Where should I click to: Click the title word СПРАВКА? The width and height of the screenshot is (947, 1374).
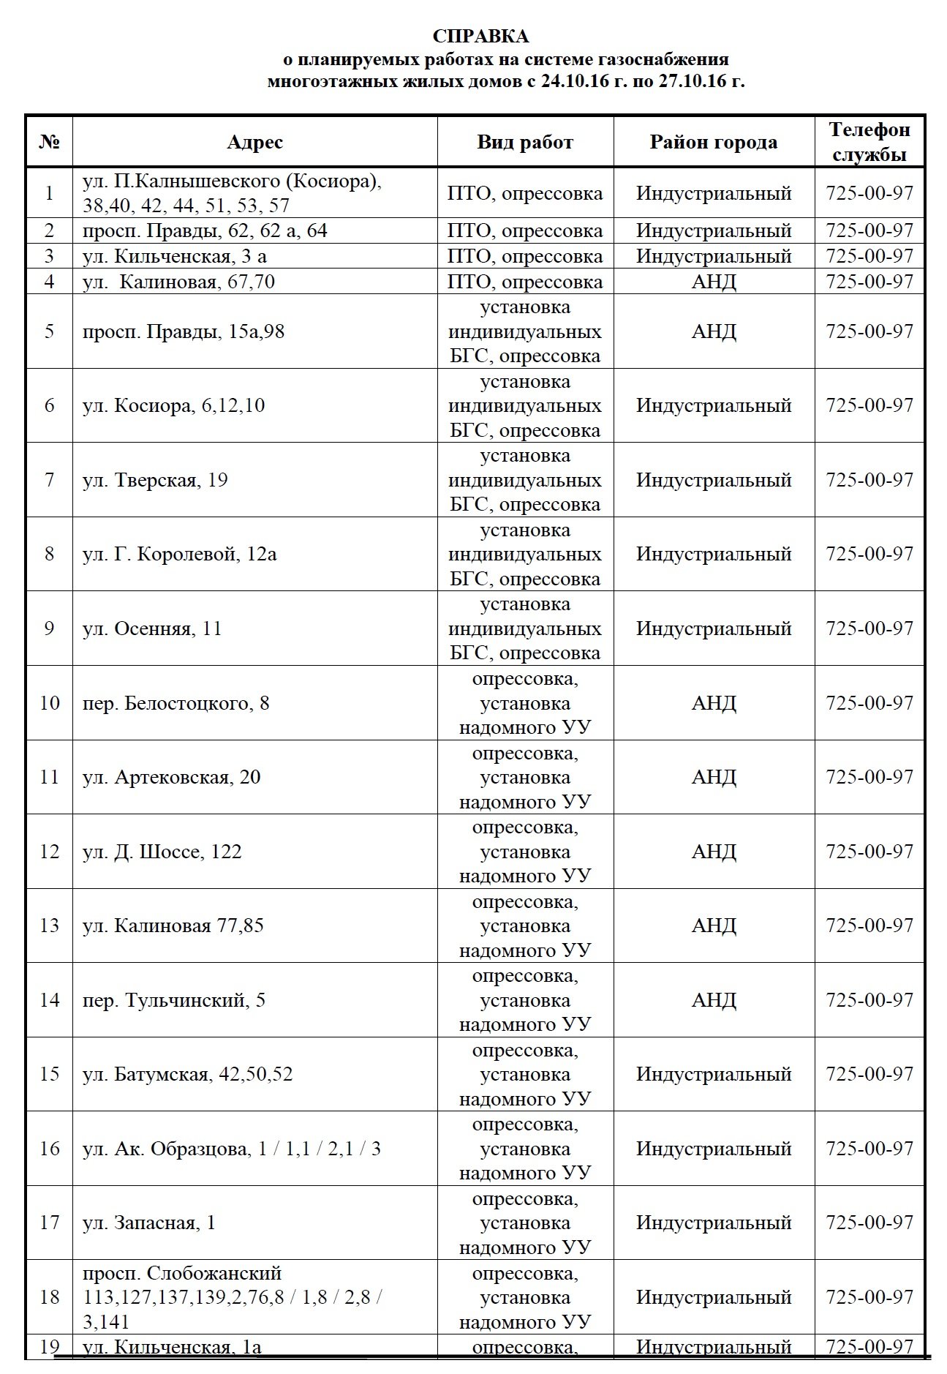tap(480, 36)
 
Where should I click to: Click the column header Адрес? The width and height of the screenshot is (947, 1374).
tap(254, 142)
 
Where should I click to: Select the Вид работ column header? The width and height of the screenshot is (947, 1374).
tap(525, 142)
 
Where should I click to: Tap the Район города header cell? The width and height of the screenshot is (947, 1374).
tap(713, 142)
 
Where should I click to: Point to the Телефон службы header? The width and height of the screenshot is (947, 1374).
tap(869, 142)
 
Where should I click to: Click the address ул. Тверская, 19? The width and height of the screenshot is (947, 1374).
tap(155, 480)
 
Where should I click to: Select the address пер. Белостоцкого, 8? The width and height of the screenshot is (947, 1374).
tap(176, 703)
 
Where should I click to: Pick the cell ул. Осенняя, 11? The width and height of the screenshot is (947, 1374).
tap(152, 628)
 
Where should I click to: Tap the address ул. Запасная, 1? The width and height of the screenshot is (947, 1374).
tap(149, 1223)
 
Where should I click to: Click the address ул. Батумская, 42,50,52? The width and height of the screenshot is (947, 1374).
tap(187, 1074)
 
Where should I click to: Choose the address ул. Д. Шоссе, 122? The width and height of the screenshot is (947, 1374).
tap(162, 852)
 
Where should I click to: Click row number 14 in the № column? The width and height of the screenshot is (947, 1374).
tap(49, 1000)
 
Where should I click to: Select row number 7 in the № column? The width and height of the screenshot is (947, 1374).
tap(49, 480)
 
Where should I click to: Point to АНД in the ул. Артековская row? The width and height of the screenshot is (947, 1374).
tap(713, 777)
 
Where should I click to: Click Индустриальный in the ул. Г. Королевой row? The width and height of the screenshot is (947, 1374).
tap(713, 554)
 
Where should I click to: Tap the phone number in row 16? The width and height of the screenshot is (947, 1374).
tap(869, 1149)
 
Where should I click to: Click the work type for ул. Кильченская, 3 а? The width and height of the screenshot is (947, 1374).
tap(525, 256)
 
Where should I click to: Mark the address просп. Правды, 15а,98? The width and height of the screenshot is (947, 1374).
tap(184, 331)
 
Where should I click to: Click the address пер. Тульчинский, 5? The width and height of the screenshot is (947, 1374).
tap(174, 1000)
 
